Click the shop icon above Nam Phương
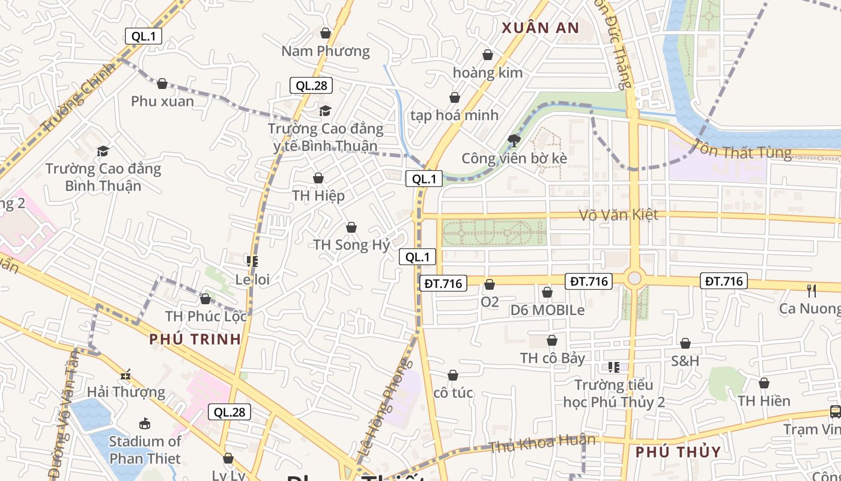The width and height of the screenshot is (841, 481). (x=326, y=33)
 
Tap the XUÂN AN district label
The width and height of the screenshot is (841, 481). (x=540, y=28)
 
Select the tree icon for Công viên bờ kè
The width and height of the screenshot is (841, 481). (x=514, y=141)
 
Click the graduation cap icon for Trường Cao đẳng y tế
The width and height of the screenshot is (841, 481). (x=325, y=111)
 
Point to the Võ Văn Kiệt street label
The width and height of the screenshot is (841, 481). (x=619, y=215)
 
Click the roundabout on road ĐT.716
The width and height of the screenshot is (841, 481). (x=634, y=278)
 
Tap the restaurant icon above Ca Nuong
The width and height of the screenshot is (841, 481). (x=812, y=291)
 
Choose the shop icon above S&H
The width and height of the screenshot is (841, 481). (x=685, y=343)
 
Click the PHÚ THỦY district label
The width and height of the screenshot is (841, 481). (x=678, y=452)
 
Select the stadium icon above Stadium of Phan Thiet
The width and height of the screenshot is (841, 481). (x=145, y=423)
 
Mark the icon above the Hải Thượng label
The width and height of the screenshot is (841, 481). (x=126, y=375)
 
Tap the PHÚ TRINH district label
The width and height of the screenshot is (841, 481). (x=195, y=339)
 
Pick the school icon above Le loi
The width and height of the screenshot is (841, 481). (x=252, y=262)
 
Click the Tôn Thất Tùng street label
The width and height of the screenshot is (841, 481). (x=742, y=149)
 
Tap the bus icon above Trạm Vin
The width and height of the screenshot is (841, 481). (x=835, y=412)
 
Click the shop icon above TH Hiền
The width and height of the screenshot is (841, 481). (x=764, y=383)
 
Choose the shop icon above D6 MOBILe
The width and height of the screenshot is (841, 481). (x=547, y=293)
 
